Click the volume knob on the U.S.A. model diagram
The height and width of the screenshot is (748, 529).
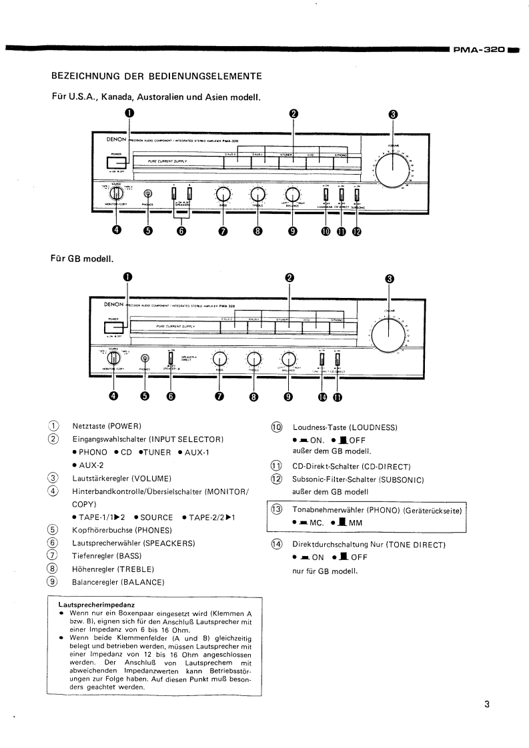392,167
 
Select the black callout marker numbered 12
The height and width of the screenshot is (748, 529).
356,231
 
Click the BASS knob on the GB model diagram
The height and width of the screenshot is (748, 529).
219,359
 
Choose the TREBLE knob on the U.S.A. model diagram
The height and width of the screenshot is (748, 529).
257,193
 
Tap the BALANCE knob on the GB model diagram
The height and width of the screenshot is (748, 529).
288,359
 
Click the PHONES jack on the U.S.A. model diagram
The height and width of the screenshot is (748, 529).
147,193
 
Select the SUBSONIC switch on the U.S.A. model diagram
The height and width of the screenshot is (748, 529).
356,194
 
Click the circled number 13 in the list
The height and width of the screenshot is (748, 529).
276,509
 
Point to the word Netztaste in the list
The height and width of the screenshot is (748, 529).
88,425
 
